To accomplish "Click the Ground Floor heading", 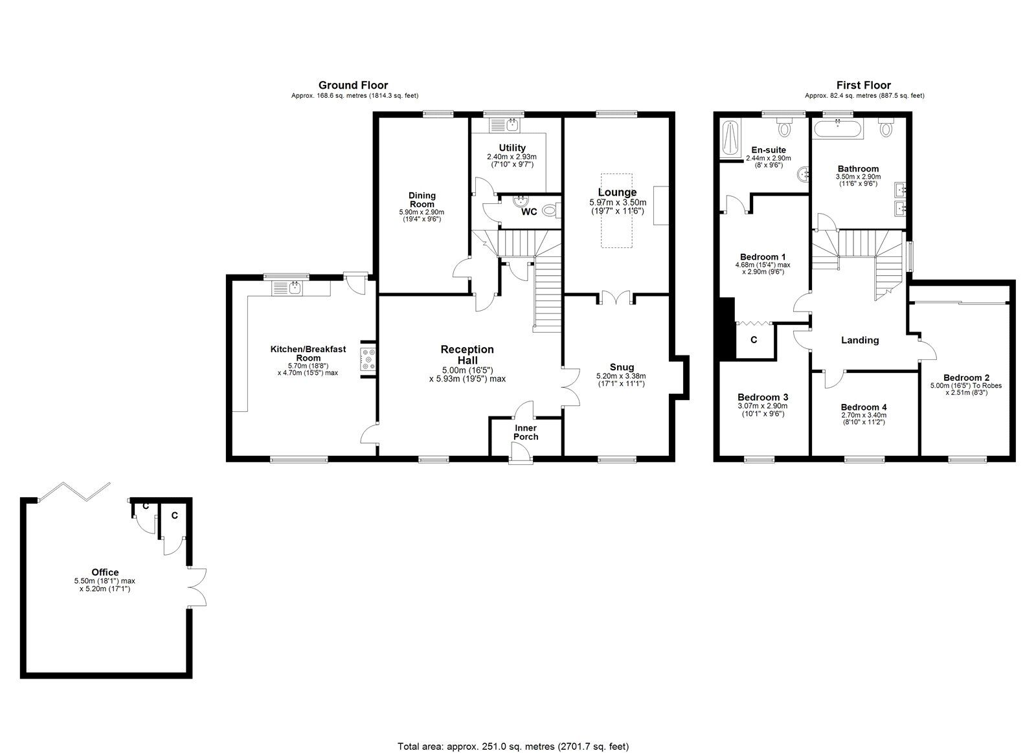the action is pos(353,85).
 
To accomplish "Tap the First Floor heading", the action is pos(864,85).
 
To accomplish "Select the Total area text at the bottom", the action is pos(513,734).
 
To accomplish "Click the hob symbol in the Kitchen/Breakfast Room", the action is pos(368,359).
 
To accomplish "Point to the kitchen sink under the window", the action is pos(287,288).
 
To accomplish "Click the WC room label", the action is pos(529,212).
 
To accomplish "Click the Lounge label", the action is pos(617,192).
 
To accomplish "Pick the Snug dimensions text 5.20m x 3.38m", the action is pos(621,376).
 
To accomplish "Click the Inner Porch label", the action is pos(525,432).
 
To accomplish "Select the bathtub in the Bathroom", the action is pos(838,128).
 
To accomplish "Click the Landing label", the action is pos(860,341).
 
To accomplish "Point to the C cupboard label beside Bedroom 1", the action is pos(754,340).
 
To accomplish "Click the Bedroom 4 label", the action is pos(864,407).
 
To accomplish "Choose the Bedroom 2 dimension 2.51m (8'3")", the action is pos(966,393).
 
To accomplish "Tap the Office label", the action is pos(105,572).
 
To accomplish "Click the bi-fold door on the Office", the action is pos(74,491).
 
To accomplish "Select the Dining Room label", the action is pos(422,200).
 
